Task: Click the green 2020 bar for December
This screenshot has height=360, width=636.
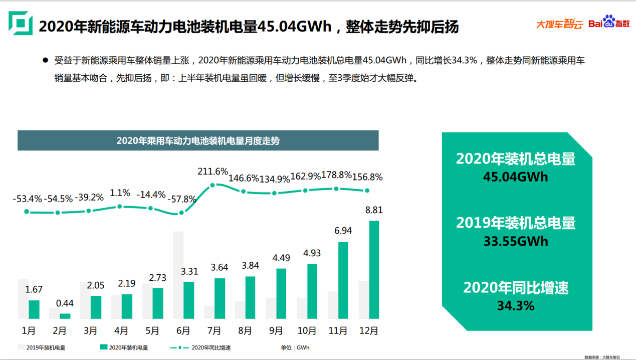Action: point(374,270)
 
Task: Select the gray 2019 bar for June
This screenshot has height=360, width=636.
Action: point(178,275)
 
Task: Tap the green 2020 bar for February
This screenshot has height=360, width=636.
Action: point(65,316)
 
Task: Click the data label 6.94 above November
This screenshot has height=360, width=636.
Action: point(343,231)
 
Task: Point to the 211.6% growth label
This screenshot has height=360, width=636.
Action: point(213,171)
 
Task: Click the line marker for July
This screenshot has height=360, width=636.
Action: point(213,185)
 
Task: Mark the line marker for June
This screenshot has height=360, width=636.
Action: point(180,213)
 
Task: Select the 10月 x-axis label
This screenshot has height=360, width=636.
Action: point(306,331)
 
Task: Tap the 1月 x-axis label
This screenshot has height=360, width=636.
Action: point(29,331)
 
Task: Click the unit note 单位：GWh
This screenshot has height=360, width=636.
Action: point(295,347)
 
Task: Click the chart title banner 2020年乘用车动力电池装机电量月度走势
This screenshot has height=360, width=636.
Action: point(198,140)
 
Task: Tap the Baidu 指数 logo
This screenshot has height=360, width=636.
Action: point(608,23)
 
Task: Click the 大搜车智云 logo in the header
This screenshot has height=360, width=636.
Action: point(559,24)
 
